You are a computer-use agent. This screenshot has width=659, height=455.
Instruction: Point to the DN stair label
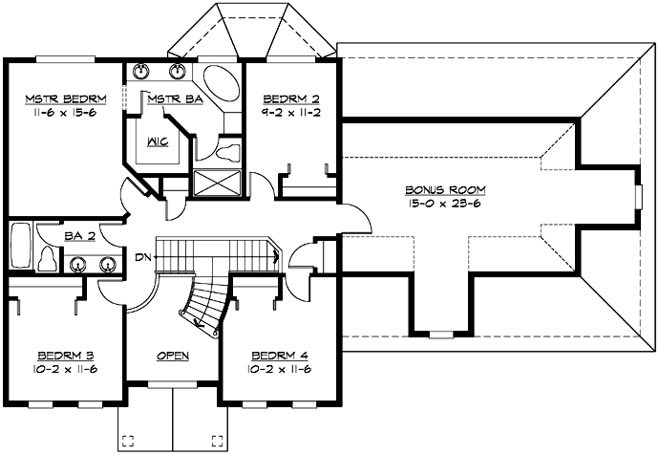coord(142,257)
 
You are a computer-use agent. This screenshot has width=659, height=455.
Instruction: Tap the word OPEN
coord(173,356)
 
